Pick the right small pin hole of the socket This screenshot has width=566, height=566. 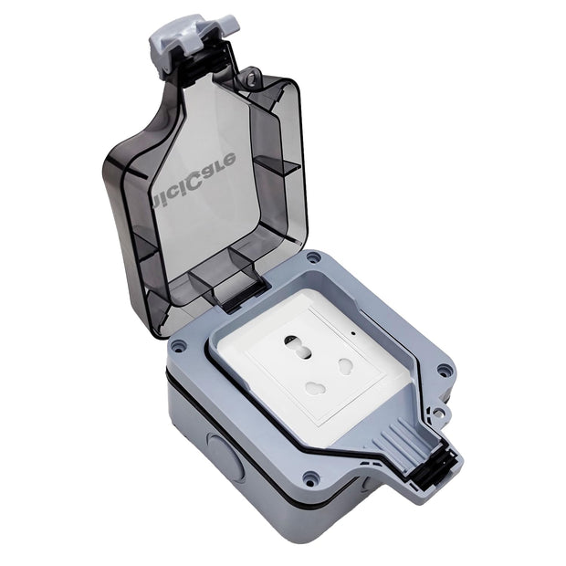(347, 365)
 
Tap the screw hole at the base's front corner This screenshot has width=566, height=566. (312, 477)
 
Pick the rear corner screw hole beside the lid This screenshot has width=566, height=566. (313, 258)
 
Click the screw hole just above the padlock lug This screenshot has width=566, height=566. (445, 370)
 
